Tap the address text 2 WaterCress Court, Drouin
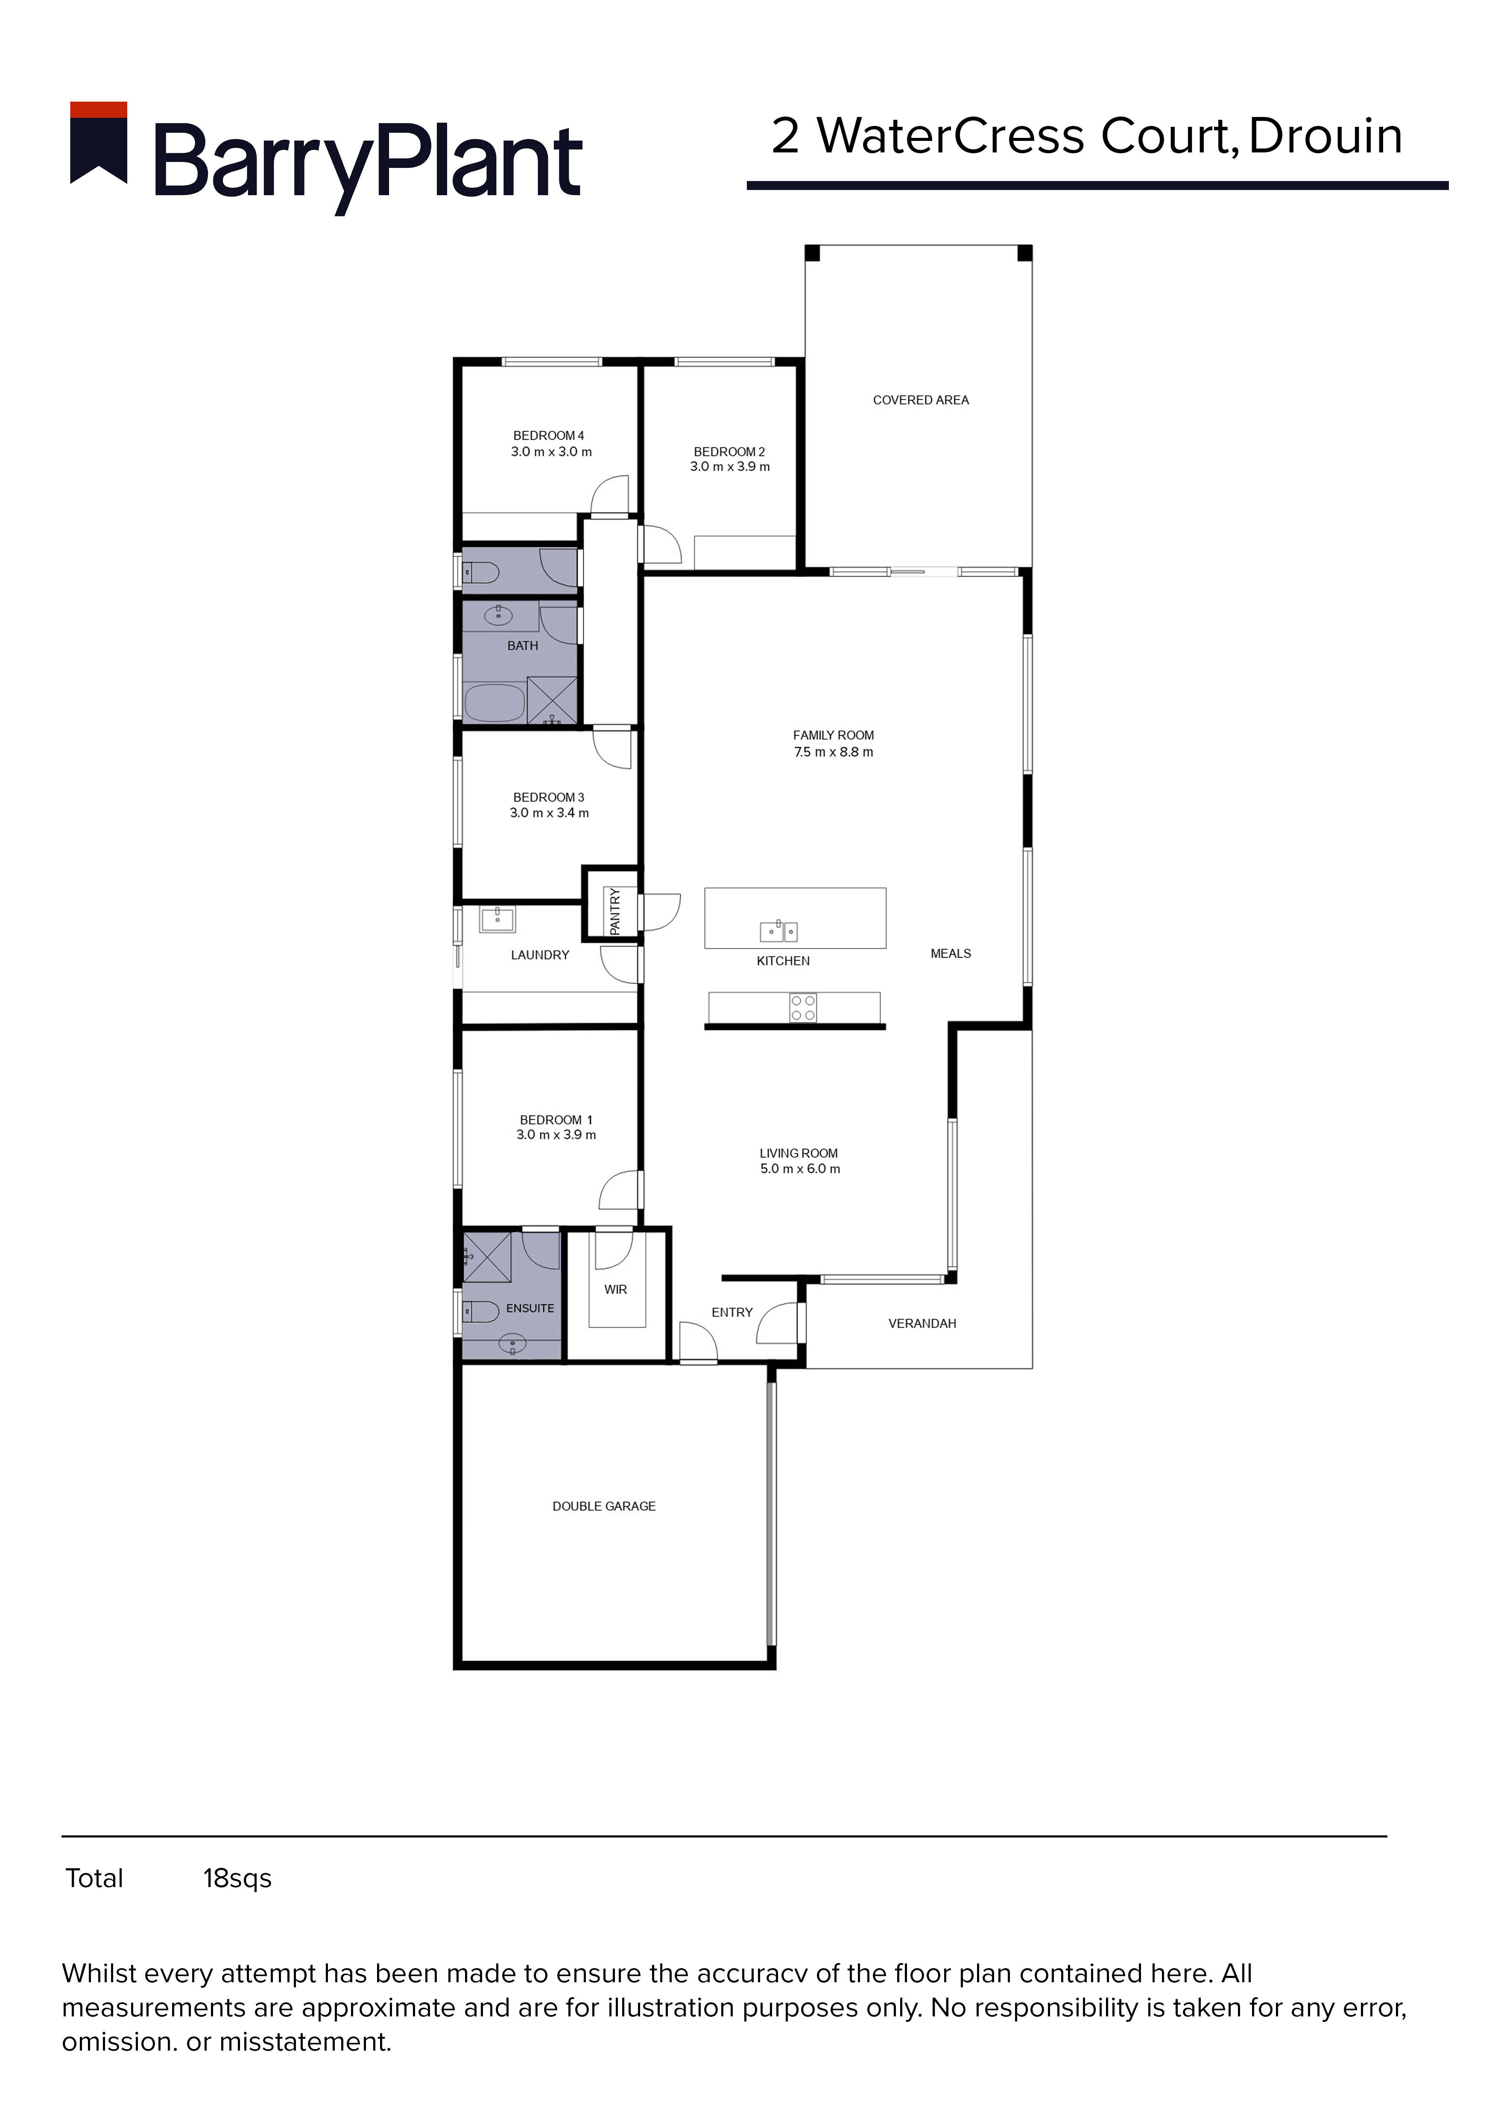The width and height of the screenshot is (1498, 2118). [x=1087, y=137]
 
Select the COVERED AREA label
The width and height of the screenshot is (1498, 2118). [x=921, y=400]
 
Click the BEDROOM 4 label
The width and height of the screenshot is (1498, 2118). [x=549, y=435]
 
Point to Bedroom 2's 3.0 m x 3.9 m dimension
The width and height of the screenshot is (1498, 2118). [x=730, y=467]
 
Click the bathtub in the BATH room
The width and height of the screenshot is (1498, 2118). [x=494, y=703]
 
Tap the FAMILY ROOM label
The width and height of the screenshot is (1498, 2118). [x=833, y=735]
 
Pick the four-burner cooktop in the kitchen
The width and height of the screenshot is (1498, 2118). [x=802, y=1008]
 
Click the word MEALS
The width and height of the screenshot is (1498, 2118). [x=950, y=954]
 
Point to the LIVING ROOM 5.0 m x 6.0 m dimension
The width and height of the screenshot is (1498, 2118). [x=800, y=1169]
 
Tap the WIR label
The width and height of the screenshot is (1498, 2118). [x=615, y=1290]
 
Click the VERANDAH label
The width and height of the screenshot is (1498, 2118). [x=922, y=1324]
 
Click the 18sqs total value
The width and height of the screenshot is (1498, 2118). [x=237, y=1879]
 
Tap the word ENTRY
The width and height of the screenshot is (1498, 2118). [x=731, y=1313]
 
